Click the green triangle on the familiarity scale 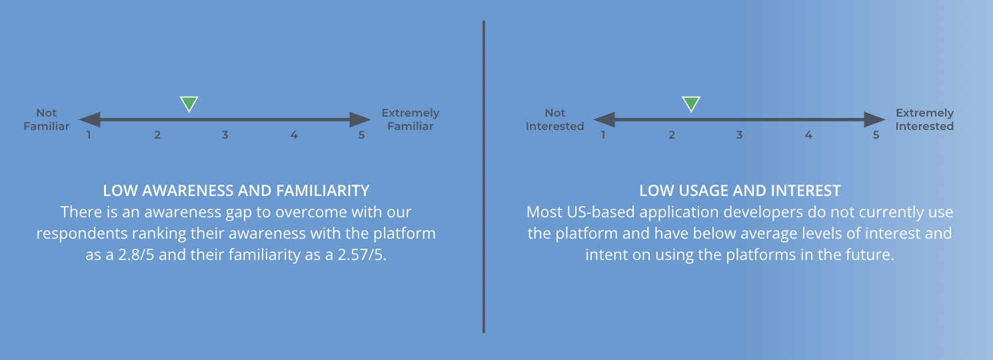point(189,103)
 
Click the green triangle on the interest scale point(691,103)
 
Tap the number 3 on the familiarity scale point(225,135)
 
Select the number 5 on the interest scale point(876,135)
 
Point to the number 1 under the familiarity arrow point(89,135)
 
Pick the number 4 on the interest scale point(808,135)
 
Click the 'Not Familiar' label point(47,120)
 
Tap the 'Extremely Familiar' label point(410,120)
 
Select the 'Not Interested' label point(554,120)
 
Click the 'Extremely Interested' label point(924,120)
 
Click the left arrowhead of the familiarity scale point(89,120)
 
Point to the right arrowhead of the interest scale point(874,120)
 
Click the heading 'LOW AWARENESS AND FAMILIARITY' point(236,191)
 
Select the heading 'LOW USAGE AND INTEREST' point(740,191)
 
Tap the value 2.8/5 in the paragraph point(136,255)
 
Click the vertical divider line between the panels point(484,177)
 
